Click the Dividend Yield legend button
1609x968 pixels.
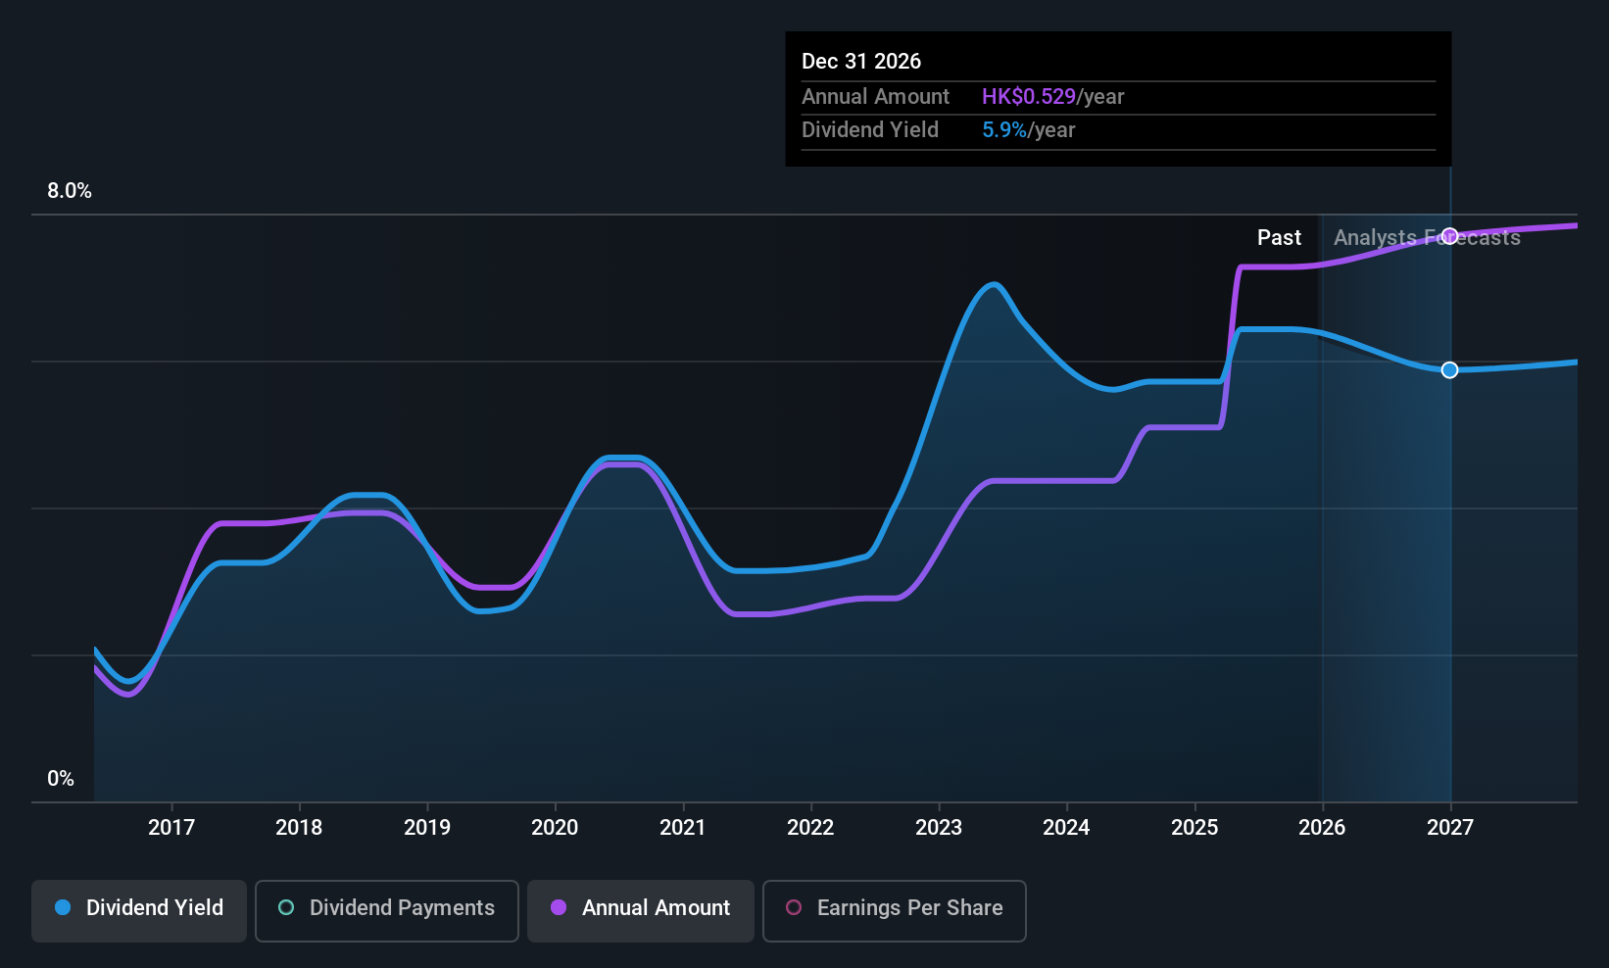pyautogui.click(x=139, y=908)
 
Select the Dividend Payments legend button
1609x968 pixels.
pyautogui.click(x=387, y=908)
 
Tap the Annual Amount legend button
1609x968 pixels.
pyautogui.click(x=641, y=908)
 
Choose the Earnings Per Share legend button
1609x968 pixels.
pyautogui.click(x=894, y=908)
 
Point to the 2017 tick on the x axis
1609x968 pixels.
pyautogui.click(x=171, y=827)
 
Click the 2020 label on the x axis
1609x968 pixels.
pyautogui.click(x=555, y=827)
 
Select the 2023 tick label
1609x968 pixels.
pyautogui.click(x=939, y=827)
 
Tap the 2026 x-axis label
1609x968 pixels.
pyautogui.click(x=1322, y=827)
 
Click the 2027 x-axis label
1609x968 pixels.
pyautogui.click(x=1450, y=827)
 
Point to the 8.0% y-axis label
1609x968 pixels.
pyautogui.click(x=70, y=191)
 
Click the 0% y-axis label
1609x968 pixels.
pyautogui.click(x=61, y=779)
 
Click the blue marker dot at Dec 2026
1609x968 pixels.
pyautogui.click(x=1450, y=369)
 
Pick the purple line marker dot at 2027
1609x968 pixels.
pyautogui.click(x=1450, y=235)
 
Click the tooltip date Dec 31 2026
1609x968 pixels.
pyautogui.click(x=861, y=61)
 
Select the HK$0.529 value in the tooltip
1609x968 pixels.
pyautogui.click(x=1028, y=96)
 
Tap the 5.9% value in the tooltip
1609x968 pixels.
pyautogui.click(x=1004, y=130)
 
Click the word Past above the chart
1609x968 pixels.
pyautogui.click(x=1279, y=237)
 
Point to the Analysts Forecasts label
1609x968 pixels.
pyautogui.click(x=1427, y=237)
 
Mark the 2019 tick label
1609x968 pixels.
pyautogui.click(x=427, y=827)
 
